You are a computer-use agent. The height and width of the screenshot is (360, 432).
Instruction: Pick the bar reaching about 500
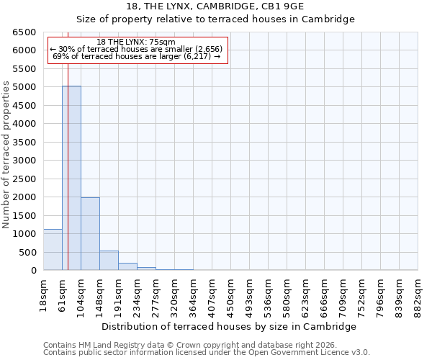point(109,261)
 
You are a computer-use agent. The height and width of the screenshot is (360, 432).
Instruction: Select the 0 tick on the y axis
point(33,271)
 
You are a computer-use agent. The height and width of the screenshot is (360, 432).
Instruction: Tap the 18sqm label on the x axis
point(44,293)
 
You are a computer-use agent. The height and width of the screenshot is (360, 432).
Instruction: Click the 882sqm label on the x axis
point(418,293)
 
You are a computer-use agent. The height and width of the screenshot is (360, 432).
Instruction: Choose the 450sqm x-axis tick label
point(231,294)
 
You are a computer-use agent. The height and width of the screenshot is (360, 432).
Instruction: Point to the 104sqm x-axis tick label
point(81,294)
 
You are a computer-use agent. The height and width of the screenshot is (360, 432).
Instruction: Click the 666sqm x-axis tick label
point(325,294)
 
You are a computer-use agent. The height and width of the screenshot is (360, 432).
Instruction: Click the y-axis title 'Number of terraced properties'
point(6,154)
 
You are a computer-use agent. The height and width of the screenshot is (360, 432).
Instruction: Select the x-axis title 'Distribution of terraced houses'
point(229,326)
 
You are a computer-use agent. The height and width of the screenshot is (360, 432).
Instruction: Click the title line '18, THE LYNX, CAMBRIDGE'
point(215,6)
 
